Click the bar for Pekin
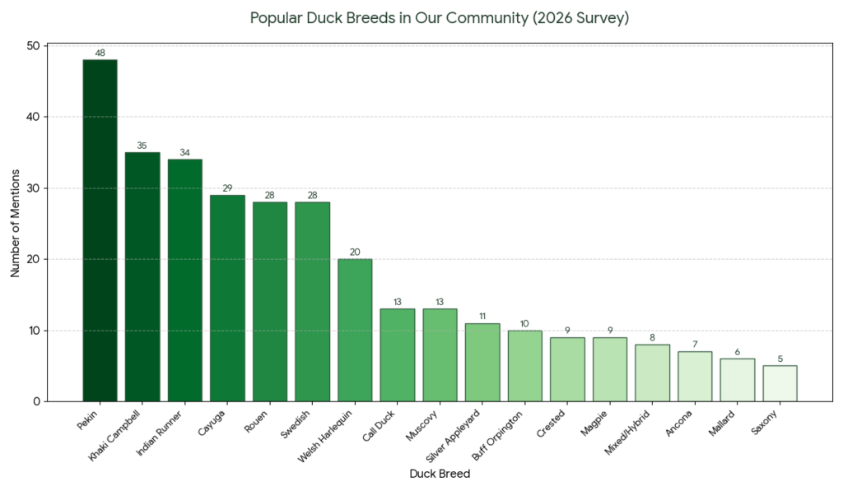point(100,230)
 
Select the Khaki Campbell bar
point(142,276)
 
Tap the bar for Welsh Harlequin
point(355,330)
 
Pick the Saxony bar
point(780,383)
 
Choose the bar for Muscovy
point(440,354)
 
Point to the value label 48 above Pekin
point(100,53)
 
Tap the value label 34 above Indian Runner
point(184,153)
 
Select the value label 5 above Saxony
point(780,359)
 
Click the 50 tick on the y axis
point(33,46)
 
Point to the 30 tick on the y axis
point(33,188)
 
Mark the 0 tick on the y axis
point(36,401)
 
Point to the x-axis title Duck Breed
point(440,474)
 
